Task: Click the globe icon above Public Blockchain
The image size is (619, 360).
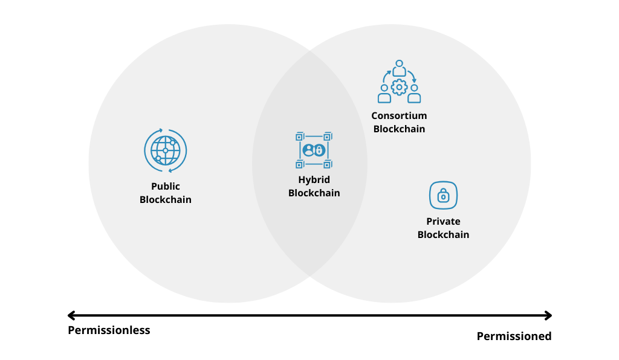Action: pos(165,150)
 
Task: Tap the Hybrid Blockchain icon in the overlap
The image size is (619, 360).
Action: pos(314,150)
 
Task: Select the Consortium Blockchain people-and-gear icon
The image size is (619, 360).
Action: pos(399,82)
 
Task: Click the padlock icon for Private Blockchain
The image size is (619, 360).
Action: pos(443,196)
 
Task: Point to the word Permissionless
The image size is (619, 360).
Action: pos(109,330)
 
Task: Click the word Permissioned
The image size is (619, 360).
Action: pos(514,336)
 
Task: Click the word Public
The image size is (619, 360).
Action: pos(166,187)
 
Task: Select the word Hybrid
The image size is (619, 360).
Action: pos(314,180)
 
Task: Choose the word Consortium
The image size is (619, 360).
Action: pos(399,116)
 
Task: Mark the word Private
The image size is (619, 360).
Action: pos(443,222)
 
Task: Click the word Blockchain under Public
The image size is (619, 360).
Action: pos(166,200)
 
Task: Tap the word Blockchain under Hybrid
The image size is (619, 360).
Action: pos(314,193)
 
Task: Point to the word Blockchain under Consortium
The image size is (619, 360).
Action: pos(399,129)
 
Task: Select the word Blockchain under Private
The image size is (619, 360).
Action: pos(443,235)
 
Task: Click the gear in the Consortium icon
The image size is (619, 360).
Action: pos(399,87)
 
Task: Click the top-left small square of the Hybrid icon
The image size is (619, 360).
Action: pos(299,137)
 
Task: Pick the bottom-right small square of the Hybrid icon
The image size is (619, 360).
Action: pos(328,164)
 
